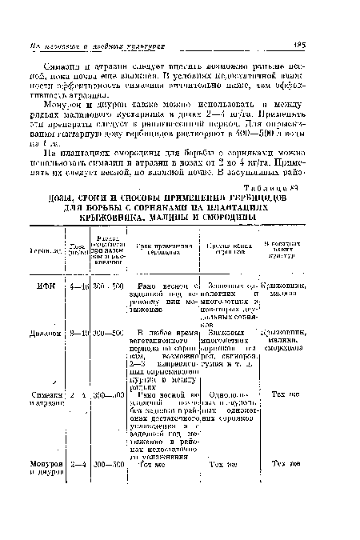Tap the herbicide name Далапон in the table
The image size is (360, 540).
33,332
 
